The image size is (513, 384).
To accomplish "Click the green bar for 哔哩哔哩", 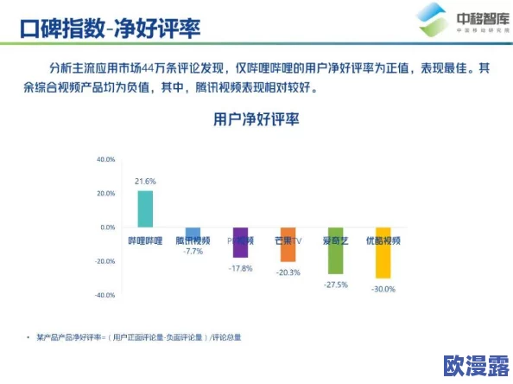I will [145, 208].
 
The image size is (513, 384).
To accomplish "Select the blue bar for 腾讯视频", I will [193, 233].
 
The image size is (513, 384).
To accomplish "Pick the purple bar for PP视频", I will [240, 242].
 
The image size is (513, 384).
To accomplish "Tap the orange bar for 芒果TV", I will [288, 244].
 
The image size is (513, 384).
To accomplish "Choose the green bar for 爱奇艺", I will [335, 251].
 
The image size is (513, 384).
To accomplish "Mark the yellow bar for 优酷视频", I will [383, 253].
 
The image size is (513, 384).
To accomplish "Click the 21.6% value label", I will [145, 182].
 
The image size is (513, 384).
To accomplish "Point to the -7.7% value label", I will [193, 252].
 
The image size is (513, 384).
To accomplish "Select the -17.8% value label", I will [240, 269].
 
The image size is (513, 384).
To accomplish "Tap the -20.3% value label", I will [288, 272].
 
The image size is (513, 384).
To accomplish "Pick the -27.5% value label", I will [335, 285].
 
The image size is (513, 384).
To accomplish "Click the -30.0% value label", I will [383, 289].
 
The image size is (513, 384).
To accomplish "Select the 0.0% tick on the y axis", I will [107, 227].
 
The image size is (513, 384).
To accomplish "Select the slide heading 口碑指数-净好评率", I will [110, 30].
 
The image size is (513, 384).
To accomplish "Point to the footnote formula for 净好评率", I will [139, 336].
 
